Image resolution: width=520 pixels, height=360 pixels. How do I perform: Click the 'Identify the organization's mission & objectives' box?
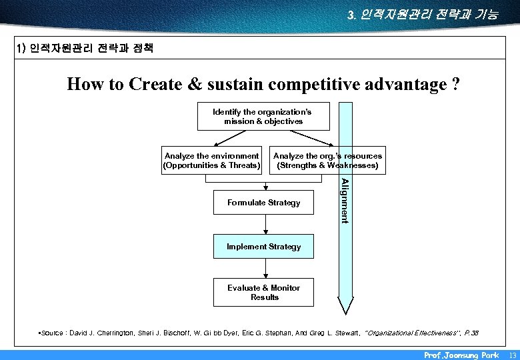tap(263, 117)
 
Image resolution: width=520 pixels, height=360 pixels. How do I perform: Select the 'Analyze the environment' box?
tap(211, 160)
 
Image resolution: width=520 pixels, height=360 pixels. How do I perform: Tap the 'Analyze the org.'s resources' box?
tap(327, 160)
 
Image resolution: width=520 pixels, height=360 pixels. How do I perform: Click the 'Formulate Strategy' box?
tap(263, 203)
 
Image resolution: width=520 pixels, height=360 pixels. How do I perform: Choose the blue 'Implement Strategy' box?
tap(263, 247)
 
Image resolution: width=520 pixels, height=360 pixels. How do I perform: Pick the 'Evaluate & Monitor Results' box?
tap(263, 293)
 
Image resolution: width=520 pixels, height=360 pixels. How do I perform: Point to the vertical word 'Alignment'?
tap(345, 201)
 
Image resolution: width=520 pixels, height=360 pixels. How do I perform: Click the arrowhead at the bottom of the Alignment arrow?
tap(345, 307)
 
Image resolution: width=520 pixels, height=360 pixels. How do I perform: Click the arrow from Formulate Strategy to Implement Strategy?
tap(265, 225)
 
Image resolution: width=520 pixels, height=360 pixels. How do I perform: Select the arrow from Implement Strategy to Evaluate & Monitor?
tap(265, 268)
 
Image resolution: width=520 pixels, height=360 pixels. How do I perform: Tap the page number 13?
tap(511, 355)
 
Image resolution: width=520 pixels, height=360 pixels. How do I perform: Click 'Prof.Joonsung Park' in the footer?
tap(461, 355)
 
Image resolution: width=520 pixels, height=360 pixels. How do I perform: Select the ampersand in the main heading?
tap(195, 85)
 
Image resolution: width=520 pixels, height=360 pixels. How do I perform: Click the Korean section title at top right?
tap(422, 14)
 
